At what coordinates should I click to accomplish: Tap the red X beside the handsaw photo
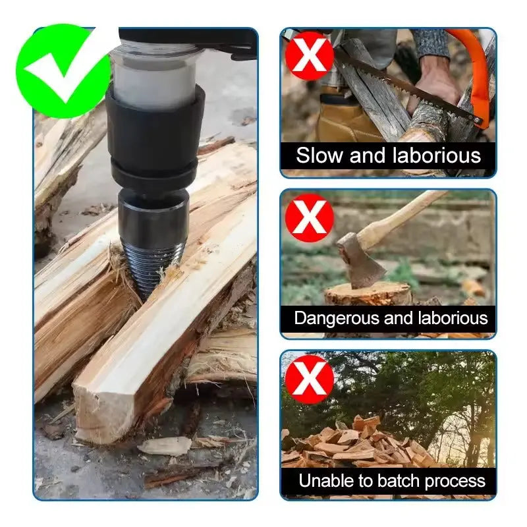(309, 56)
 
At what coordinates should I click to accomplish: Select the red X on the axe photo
(309, 217)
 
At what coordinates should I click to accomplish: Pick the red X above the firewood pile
(309, 379)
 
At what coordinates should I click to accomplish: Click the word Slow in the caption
(319, 155)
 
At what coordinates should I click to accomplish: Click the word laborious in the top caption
(437, 155)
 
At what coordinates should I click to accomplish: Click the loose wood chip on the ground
(165, 445)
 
